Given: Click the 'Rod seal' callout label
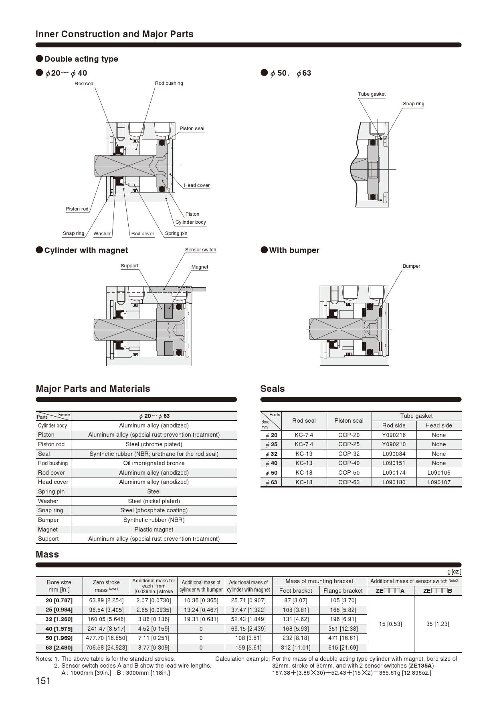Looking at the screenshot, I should point(85,84).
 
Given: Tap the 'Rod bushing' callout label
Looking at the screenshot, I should point(169,83).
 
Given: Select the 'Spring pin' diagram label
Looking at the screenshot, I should point(176,233).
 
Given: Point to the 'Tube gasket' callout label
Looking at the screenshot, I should point(372,94).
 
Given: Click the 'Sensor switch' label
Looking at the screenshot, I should point(200,250).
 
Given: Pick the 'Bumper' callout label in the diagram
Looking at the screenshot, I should point(411,266).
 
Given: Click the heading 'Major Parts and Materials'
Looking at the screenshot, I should point(93,389).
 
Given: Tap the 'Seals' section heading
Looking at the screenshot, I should point(273,389).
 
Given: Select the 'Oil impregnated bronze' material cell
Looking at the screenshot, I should point(154,463).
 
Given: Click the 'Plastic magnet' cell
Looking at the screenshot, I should point(154,530).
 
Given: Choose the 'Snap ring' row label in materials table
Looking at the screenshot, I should point(51,510).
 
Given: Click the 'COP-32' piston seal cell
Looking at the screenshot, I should point(349,454).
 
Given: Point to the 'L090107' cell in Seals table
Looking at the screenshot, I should point(438,482).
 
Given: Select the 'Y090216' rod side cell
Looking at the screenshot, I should point(394,435).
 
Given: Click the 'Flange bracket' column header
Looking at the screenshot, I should point(343,591).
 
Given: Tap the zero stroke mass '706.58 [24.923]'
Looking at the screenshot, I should point(106,648).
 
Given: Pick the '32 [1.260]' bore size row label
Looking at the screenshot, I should point(59,619).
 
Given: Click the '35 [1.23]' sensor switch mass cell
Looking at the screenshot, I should point(438,624).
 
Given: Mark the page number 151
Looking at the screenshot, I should point(43,681).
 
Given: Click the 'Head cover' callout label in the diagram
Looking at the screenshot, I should point(197,185).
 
